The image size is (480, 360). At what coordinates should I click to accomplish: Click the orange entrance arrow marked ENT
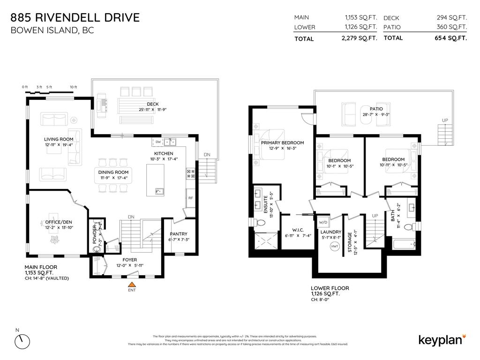pos(133,284)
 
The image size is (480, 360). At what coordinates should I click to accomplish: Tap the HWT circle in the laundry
pos(335,246)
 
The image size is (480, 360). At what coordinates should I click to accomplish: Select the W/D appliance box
pos(322,222)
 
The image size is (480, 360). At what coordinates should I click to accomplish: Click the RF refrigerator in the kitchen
pos(190,198)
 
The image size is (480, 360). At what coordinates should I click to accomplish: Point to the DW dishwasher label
pos(158,142)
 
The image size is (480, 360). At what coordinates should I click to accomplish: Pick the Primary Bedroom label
pos(282,143)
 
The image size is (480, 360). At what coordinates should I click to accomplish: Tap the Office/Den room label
pos(59,222)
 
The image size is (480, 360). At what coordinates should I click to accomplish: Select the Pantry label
pos(178,234)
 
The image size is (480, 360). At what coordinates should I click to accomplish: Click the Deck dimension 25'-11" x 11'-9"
pos(153,110)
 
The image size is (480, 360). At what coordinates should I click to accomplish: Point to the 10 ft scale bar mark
pos(73,87)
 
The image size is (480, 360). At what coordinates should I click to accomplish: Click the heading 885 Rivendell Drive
pos(75,18)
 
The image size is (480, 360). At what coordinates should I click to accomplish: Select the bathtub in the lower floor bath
pos(403,244)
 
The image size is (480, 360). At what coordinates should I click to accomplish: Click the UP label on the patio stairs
pos(445,120)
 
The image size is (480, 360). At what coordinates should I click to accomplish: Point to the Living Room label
pos(59,139)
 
